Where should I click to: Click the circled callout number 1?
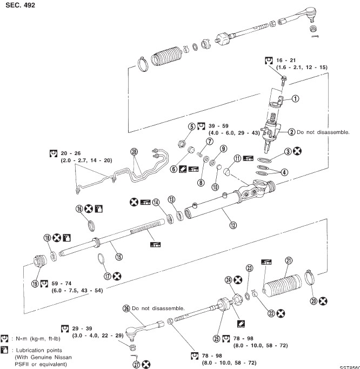tap(295, 99)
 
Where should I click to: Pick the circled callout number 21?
tap(289, 261)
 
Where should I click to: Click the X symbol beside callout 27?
tap(145, 365)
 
